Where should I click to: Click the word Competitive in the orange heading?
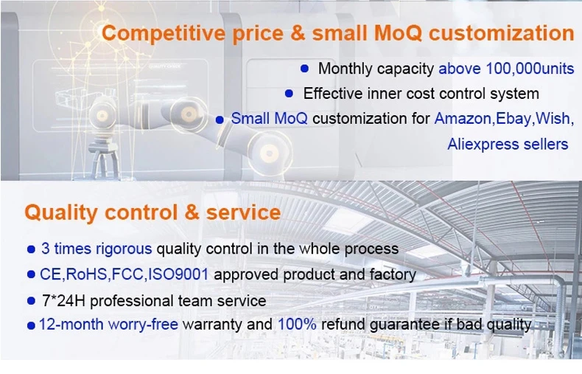click(164, 34)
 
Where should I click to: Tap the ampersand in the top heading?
click(298, 32)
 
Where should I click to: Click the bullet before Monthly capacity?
click(304, 69)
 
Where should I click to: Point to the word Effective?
click(332, 93)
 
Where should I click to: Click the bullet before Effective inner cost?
click(289, 93)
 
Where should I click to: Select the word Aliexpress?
click(483, 144)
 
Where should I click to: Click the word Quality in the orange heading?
click(61, 213)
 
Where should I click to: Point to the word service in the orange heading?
click(243, 212)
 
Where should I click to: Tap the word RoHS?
click(86, 274)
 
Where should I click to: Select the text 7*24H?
click(63, 301)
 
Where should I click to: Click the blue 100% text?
click(297, 324)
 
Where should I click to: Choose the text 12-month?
click(71, 324)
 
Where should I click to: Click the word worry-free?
click(143, 324)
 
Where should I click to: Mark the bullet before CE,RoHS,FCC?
click(31, 274)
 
